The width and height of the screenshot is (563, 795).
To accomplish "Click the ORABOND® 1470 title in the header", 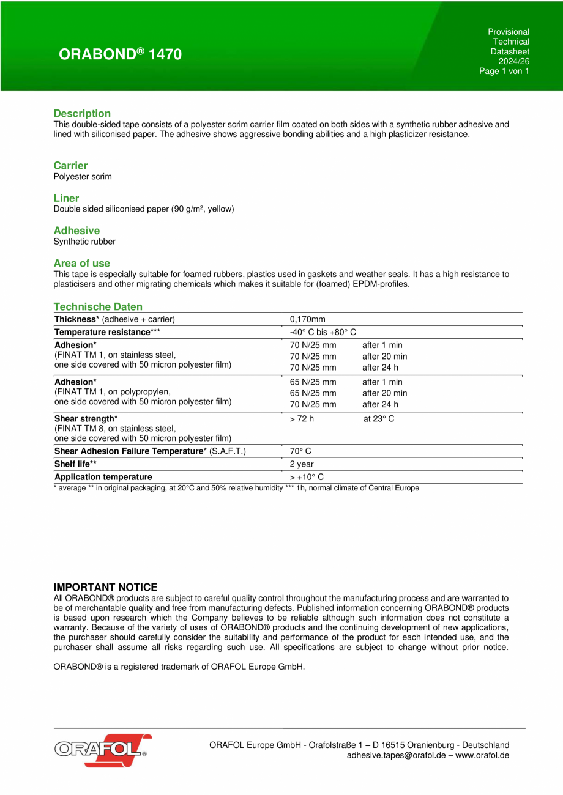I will tap(120, 54).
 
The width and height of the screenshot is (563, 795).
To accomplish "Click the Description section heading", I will tap(82, 113).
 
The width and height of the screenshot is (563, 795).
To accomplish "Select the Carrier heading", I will tap(70, 165).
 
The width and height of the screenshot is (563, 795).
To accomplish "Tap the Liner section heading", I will tap(66, 198).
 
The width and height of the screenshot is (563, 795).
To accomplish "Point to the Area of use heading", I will tap(82, 263).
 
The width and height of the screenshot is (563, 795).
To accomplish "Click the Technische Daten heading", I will tap(98, 306).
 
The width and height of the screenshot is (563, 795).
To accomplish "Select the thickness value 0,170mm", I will tap(307, 319).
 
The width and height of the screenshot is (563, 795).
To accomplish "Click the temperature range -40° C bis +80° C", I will tap(323, 331).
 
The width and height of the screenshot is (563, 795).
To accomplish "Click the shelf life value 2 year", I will tap(302, 464).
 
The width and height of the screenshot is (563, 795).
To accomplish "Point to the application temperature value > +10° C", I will tap(307, 477).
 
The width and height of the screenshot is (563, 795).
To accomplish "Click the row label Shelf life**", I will tap(75, 464).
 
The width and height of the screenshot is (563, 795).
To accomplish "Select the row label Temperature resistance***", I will tap(107, 331).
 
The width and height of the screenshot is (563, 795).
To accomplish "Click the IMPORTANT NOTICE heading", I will tap(105, 587).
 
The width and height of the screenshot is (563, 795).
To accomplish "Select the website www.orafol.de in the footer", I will tap(482, 755).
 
